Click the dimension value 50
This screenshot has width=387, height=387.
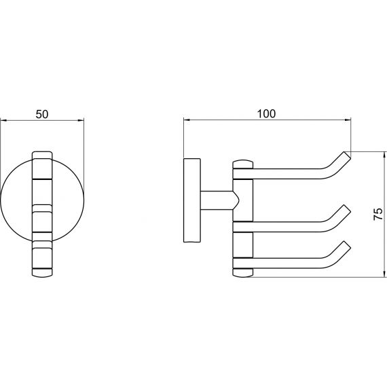(x=42, y=115)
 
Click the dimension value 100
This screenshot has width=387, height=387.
(x=266, y=114)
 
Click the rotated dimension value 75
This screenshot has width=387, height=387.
(x=378, y=215)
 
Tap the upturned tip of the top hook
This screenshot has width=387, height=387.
(x=347, y=155)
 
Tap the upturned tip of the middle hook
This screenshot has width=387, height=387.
(x=347, y=209)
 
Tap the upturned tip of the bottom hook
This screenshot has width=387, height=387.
(x=347, y=245)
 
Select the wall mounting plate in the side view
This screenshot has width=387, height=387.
(x=192, y=200)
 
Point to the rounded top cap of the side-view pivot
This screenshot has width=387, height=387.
(x=243, y=164)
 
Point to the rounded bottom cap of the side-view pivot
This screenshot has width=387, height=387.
(x=243, y=272)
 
